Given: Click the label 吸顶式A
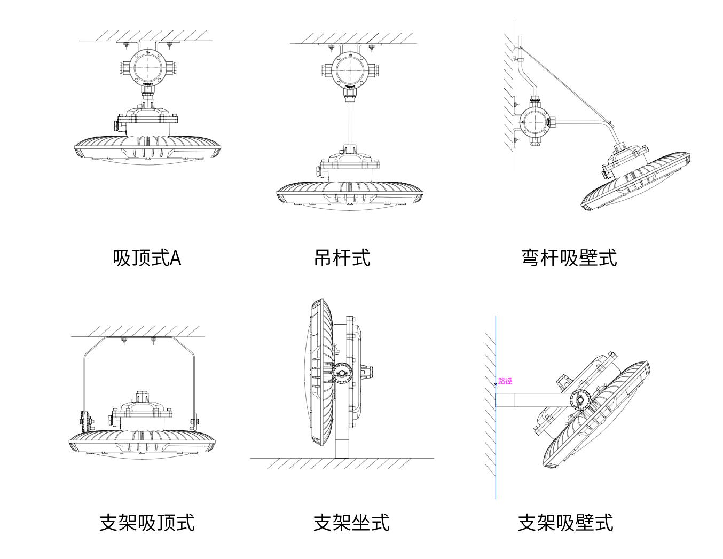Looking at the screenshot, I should point(147,258).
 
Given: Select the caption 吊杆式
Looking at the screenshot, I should point(342,258).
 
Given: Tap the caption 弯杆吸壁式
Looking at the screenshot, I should point(569,258).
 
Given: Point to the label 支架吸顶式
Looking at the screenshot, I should point(147,523).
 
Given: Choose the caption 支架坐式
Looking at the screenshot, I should point(351,523).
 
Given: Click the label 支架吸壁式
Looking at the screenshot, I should point(565,523).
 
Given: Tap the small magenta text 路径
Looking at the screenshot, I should point(505,381).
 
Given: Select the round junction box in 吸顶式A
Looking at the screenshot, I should point(148,68).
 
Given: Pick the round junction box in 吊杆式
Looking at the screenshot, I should point(350,70).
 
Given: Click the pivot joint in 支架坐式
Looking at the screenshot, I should point(342,372).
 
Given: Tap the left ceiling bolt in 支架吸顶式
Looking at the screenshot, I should point(124,340).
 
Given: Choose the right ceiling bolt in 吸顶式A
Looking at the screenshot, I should point(169,45).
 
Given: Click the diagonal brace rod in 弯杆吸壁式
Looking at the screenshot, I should point(566,85).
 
